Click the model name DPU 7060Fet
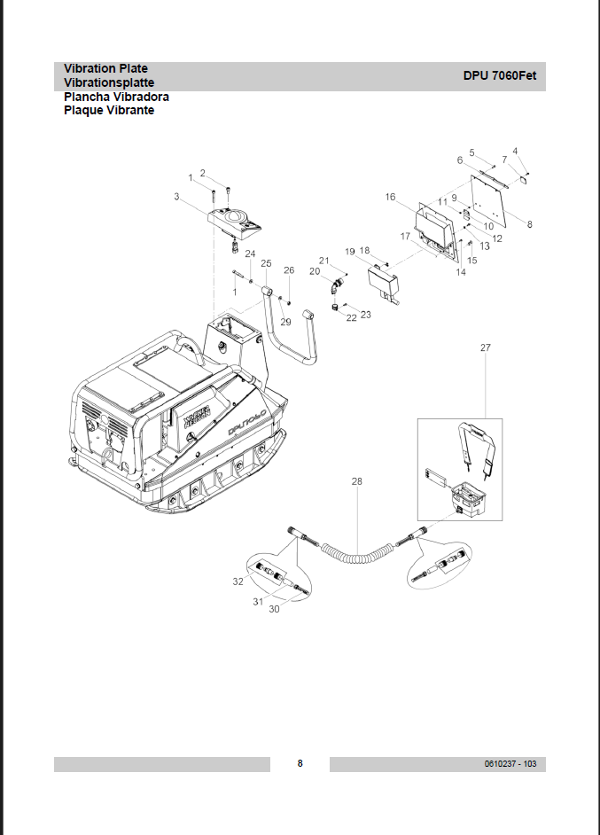pyautogui.click(x=499, y=75)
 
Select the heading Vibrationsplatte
pyautogui.click(x=109, y=83)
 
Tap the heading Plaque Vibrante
pyautogui.click(x=109, y=111)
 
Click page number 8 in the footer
pyautogui.click(x=300, y=763)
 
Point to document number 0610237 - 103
pyautogui.click(x=510, y=763)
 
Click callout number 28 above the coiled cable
pyautogui.click(x=356, y=481)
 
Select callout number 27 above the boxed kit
pyautogui.click(x=485, y=347)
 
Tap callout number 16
pyautogui.click(x=390, y=197)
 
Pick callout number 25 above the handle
pyautogui.click(x=266, y=263)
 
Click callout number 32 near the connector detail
pyautogui.click(x=238, y=581)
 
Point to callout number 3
pyautogui.click(x=176, y=197)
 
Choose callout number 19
pyautogui.click(x=350, y=252)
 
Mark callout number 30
pyautogui.click(x=274, y=609)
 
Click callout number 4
pyautogui.click(x=515, y=152)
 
